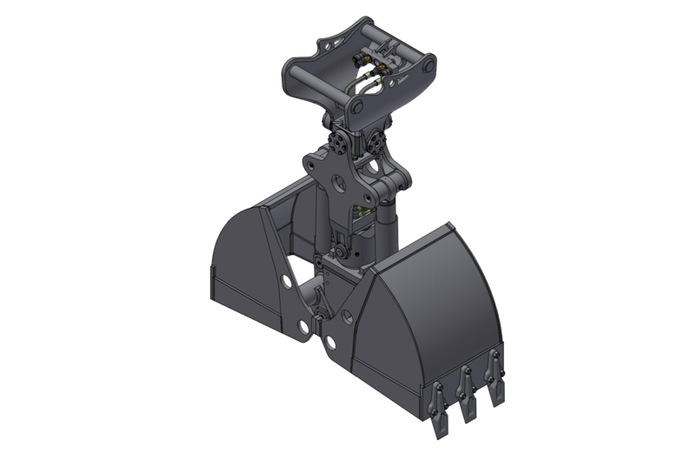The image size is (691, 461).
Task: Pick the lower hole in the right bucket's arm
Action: tap(331, 342)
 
